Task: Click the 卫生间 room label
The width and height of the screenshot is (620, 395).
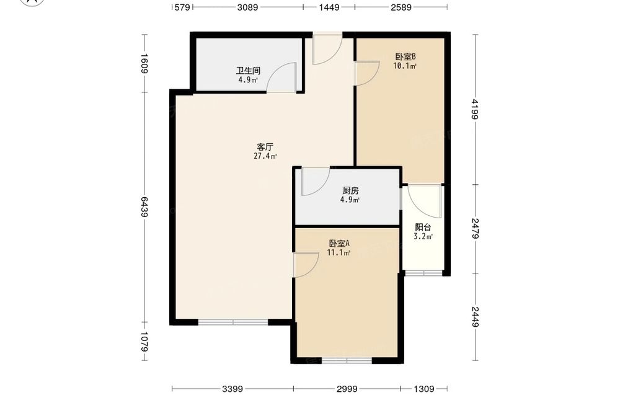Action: point(248,71)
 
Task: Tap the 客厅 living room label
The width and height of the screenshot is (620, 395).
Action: point(265,147)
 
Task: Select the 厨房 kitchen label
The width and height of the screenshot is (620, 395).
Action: point(350,190)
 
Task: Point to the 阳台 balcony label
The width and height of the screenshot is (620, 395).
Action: point(423,228)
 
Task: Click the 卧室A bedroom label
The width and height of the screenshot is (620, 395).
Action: point(339,244)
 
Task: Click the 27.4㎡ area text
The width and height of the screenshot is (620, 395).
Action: point(265,156)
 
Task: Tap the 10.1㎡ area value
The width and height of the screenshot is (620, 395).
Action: point(405,66)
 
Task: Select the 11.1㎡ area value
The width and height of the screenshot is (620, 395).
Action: point(339,252)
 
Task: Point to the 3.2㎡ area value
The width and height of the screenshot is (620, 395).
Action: point(423,236)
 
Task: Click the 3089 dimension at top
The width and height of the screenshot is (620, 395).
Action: point(247,7)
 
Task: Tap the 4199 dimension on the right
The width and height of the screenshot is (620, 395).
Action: point(475,109)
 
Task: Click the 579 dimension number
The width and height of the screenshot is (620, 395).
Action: point(182,7)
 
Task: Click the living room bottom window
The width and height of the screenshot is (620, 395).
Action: point(233,322)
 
